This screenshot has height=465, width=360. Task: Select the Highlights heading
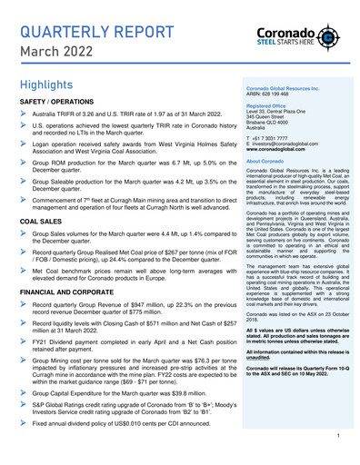click(x=48, y=84)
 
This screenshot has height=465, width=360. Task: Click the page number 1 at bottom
click(x=337, y=437)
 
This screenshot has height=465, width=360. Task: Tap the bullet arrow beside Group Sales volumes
click(x=24, y=233)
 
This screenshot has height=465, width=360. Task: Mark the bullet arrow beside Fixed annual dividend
click(x=24, y=423)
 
